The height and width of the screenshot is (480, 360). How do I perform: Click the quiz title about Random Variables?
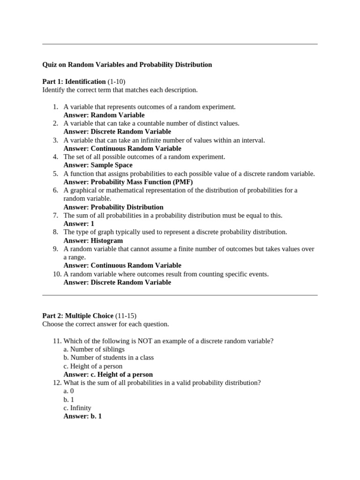point(127,65)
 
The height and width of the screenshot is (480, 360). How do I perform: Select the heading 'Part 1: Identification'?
point(74,82)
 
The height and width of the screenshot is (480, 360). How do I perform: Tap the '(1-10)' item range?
point(117,82)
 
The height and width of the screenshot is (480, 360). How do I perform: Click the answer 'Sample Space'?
point(112,165)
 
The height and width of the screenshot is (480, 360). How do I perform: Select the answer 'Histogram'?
point(107,240)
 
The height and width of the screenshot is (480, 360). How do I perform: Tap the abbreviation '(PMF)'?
point(182,182)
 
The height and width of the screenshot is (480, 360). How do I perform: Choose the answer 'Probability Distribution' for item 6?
point(127,207)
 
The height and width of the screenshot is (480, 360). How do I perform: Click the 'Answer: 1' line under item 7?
point(79,224)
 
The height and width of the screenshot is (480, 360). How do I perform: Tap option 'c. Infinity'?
point(77,408)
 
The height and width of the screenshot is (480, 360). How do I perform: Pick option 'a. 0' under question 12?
point(68,391)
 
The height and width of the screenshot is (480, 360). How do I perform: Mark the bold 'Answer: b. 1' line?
point(82,416)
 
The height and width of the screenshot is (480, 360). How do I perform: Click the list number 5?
point(55,173)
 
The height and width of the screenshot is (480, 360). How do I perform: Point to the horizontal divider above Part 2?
point(180,295)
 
